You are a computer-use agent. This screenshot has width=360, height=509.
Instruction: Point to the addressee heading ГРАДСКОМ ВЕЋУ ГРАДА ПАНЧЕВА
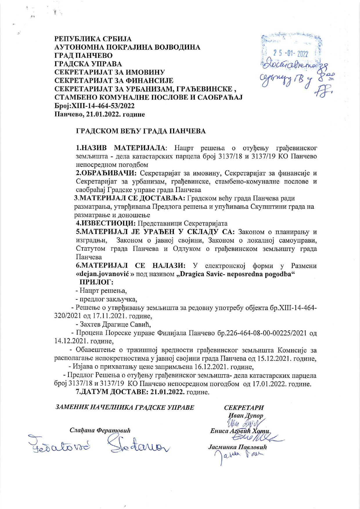(x=141, y=131)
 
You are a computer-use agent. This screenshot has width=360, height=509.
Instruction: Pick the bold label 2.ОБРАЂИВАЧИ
(x=106, y=173)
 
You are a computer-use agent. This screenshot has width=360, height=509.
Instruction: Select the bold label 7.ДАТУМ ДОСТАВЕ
(x=112, y=392)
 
